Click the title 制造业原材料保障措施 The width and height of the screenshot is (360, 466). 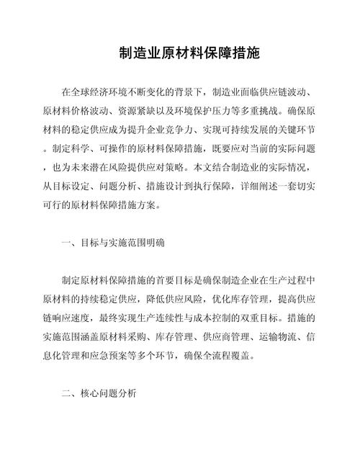[x=179, y=54]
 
